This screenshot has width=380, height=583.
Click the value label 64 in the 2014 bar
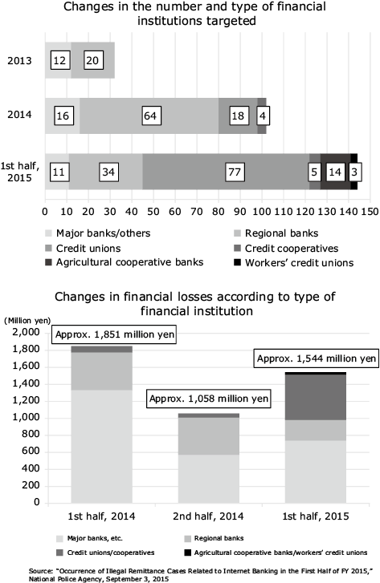[150, 115]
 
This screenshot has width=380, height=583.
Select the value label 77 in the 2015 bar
[235, 172]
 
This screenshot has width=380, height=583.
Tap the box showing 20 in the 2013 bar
[93, 60]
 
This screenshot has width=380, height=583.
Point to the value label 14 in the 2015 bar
[335, 172]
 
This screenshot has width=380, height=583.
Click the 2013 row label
[20, 61]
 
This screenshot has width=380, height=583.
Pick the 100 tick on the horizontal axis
[262, 212]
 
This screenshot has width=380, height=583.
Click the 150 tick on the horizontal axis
[370, 212]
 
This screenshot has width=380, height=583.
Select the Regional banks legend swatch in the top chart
[237, 234]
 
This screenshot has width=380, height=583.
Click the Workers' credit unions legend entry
[294, 263]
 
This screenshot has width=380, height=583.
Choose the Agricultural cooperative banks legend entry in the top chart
[125, 262]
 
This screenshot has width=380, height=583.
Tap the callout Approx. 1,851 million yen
[114, 334]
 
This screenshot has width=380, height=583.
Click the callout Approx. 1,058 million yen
[209, 399]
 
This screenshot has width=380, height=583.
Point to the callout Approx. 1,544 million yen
[317, 358]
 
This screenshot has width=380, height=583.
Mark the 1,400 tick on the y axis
[26, 383]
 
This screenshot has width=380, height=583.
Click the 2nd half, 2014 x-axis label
[208, 516]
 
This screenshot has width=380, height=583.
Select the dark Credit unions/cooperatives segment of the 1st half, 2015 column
[316, 397]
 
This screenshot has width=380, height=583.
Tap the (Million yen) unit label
[27, 321]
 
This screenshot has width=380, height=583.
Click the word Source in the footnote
[40, 571]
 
